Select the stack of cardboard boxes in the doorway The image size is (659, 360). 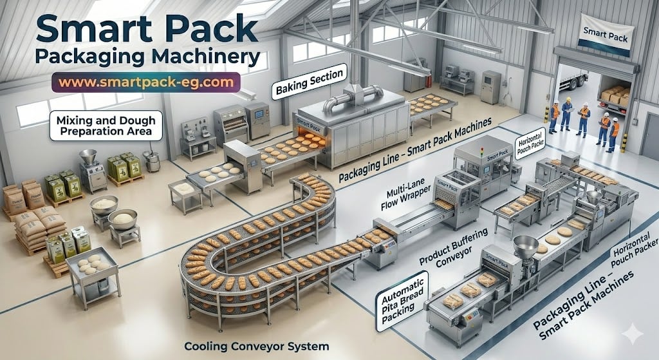pyautogui.click(x=615, y=97)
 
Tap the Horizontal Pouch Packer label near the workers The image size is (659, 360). pyautogui.click(x=531, y=146)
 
